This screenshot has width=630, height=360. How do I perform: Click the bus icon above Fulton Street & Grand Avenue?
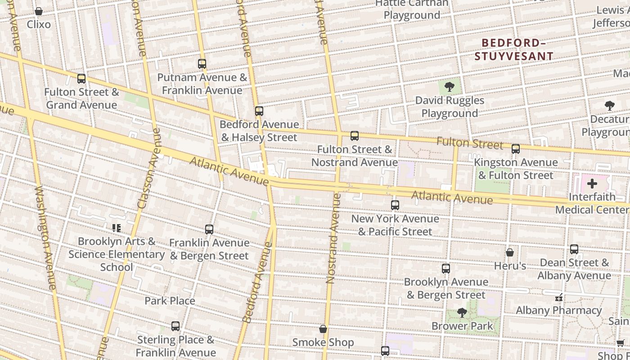(x=81, y=79)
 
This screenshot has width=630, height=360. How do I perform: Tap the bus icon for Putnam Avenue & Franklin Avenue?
(x=202, y=64)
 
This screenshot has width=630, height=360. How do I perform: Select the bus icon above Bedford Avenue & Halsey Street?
(x=259, y=111)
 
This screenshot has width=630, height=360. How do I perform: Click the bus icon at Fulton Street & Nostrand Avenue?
(x=355, y=135)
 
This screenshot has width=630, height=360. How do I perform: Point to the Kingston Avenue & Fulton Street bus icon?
(x=516, y=148)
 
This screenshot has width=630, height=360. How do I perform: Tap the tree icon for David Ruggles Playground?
(x=449, y=87)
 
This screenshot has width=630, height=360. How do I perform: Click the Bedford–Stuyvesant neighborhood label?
(x=513, y=49)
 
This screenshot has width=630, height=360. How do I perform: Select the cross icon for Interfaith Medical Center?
(x=592, y=184)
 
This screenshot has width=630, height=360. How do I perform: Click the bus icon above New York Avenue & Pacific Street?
(x=395, y=205)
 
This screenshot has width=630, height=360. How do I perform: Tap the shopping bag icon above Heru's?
(x=510, y=252)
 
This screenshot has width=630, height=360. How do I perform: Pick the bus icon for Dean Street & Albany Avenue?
(x=574, y=249)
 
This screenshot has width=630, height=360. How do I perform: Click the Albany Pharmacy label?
(x=558, y=310)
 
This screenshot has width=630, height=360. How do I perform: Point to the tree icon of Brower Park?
(x=462, y=312)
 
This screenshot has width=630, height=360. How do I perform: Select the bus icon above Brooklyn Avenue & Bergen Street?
(x=446, y=269)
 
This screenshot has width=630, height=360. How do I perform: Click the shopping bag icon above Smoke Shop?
(x=323, y=329)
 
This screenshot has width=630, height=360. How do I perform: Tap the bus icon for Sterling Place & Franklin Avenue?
(x=175, y=326)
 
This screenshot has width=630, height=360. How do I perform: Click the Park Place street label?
(x=170, y=301)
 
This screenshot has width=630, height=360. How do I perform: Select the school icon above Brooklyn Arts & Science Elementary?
(x=117, y=228)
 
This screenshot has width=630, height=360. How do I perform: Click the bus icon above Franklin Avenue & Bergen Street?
(x=209, y=229)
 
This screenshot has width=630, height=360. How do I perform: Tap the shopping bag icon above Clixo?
(x=39, y=11)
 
